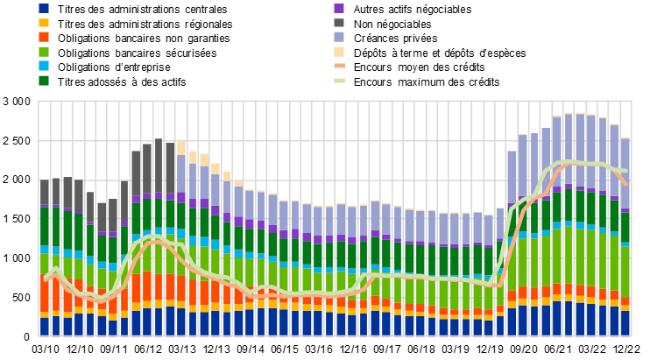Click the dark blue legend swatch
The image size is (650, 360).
click(44, 8)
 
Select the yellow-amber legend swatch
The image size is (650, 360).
click(44, 23)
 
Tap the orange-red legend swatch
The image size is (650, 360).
click(44, 37)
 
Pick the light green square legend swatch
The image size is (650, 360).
click(44, 52)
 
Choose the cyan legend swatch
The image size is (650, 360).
click(44, 66)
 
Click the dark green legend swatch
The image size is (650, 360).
click(44, 81)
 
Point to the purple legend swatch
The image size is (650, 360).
click(339, 8)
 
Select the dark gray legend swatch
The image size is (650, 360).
click(339, 23)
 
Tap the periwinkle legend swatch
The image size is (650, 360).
click(339, 37)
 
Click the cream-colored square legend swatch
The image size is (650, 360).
click(339, 52)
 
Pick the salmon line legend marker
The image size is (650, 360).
click(339, 66)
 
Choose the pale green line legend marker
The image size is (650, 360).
click(339, 81)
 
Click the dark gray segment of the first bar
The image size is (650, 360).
click(45, 193)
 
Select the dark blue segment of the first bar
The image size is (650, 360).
click(45, 326)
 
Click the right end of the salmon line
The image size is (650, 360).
click(625, 184)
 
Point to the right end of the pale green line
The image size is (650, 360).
click(626, 170)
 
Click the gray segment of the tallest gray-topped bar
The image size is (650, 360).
click(159, 166)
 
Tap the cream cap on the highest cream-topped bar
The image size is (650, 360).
click(181, 148)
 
